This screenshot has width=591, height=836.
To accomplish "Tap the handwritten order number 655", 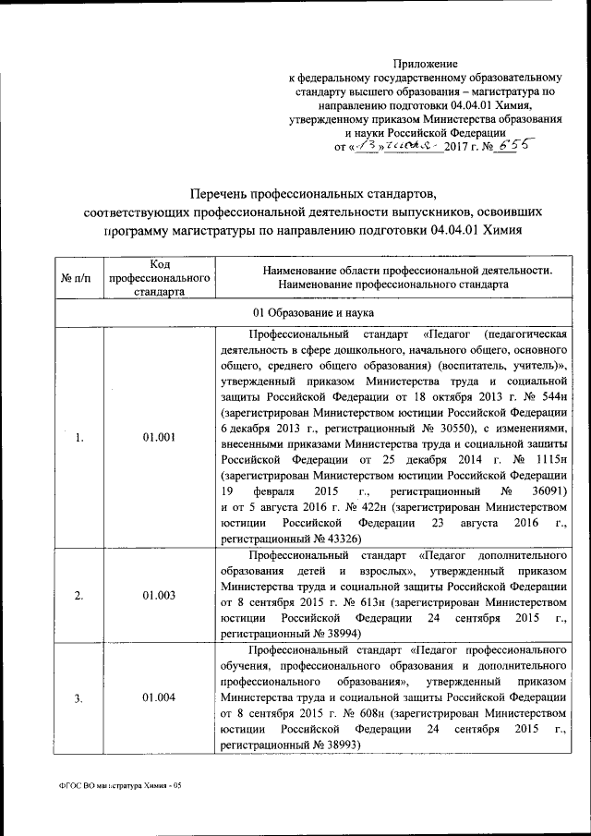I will point(514,146).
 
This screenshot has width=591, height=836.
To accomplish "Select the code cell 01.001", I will point(160,437).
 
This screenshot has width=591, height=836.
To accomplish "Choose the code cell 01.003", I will point(160,595).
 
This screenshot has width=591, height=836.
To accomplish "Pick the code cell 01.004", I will point(160,697).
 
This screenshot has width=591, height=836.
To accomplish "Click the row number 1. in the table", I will point(78,437).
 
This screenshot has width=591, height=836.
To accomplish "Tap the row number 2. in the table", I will point(78,595).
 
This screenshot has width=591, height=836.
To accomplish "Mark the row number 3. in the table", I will point(78,697).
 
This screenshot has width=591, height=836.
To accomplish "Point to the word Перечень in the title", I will point(223,195).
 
